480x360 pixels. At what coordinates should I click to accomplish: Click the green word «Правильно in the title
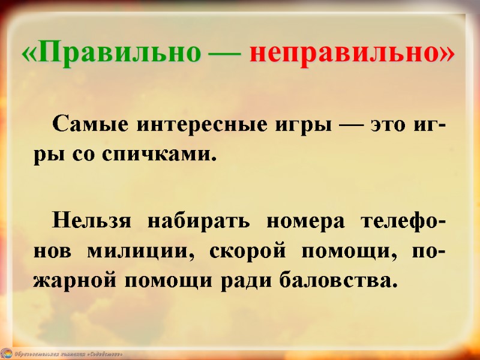coord(110,53)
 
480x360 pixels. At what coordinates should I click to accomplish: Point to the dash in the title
coord(224,54)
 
